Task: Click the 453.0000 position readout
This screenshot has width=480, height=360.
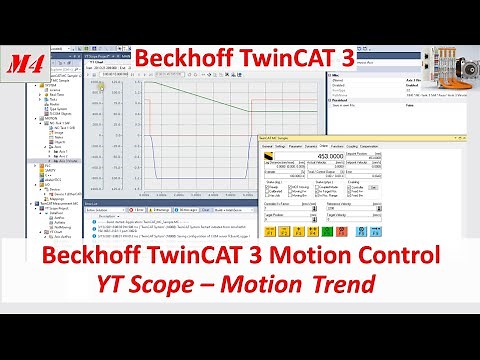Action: (x=324, y=155)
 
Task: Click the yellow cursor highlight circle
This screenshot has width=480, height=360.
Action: (x=100, y=83)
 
